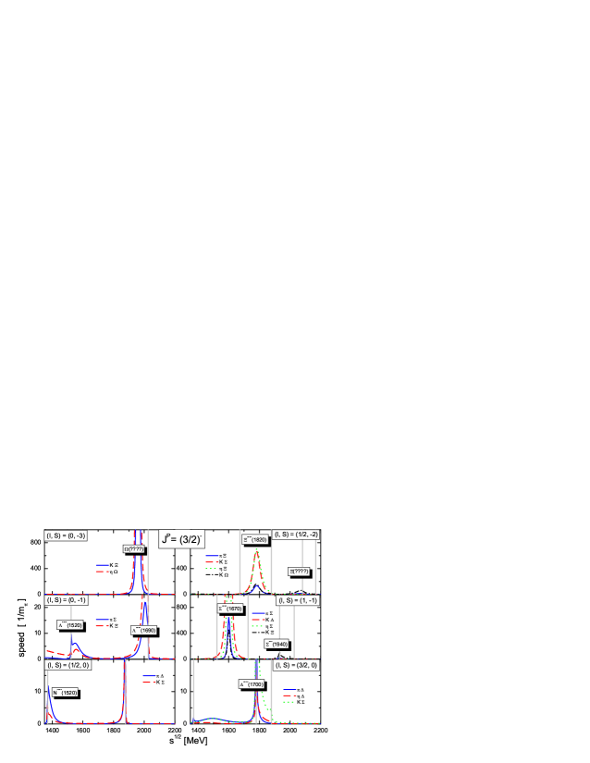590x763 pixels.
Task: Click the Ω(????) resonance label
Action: point(134,548)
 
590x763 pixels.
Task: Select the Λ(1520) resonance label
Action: point(71,624)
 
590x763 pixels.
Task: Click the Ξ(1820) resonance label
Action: point(255,538)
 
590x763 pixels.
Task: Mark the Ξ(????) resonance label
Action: point(298,571)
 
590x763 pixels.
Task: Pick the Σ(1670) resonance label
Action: point(230,609)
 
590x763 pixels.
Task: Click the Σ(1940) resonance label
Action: point(277,644)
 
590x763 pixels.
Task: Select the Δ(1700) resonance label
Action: point(252,684)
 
